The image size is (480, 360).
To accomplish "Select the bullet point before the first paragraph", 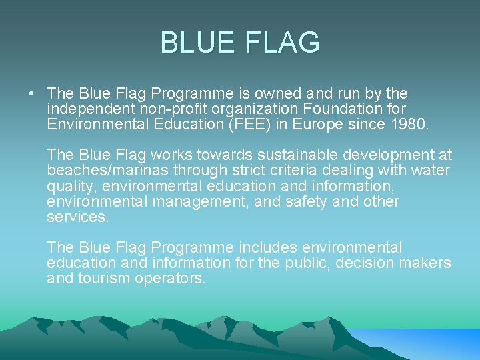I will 32,94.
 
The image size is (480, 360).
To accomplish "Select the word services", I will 77,217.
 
